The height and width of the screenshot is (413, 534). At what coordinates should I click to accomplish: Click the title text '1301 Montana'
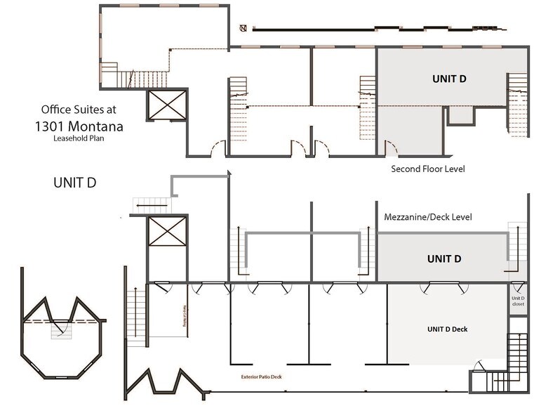point(79,126)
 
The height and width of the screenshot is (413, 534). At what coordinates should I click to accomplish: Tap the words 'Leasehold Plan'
point(79,138)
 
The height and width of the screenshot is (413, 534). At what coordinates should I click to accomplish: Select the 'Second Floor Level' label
point(427,169)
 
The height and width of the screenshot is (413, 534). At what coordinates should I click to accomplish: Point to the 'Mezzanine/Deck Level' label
point(427,217)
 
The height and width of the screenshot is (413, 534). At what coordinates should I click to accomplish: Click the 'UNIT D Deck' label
point(447,329)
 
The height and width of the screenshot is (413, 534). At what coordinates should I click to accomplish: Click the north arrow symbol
point(243,29)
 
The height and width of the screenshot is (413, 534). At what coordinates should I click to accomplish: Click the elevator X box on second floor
point(167,108)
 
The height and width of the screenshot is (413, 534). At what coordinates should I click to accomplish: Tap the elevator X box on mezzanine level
point(167,232)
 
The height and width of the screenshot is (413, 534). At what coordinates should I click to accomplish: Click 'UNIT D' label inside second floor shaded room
point(448,79)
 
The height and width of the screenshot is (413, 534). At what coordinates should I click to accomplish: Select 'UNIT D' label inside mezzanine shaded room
point(443,259)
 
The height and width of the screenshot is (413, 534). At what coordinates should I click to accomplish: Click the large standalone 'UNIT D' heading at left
point(74,183)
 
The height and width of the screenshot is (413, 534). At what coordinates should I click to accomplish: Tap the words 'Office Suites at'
point(79,110)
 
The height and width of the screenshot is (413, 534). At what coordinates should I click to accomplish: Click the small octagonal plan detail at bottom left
point(61,330)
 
